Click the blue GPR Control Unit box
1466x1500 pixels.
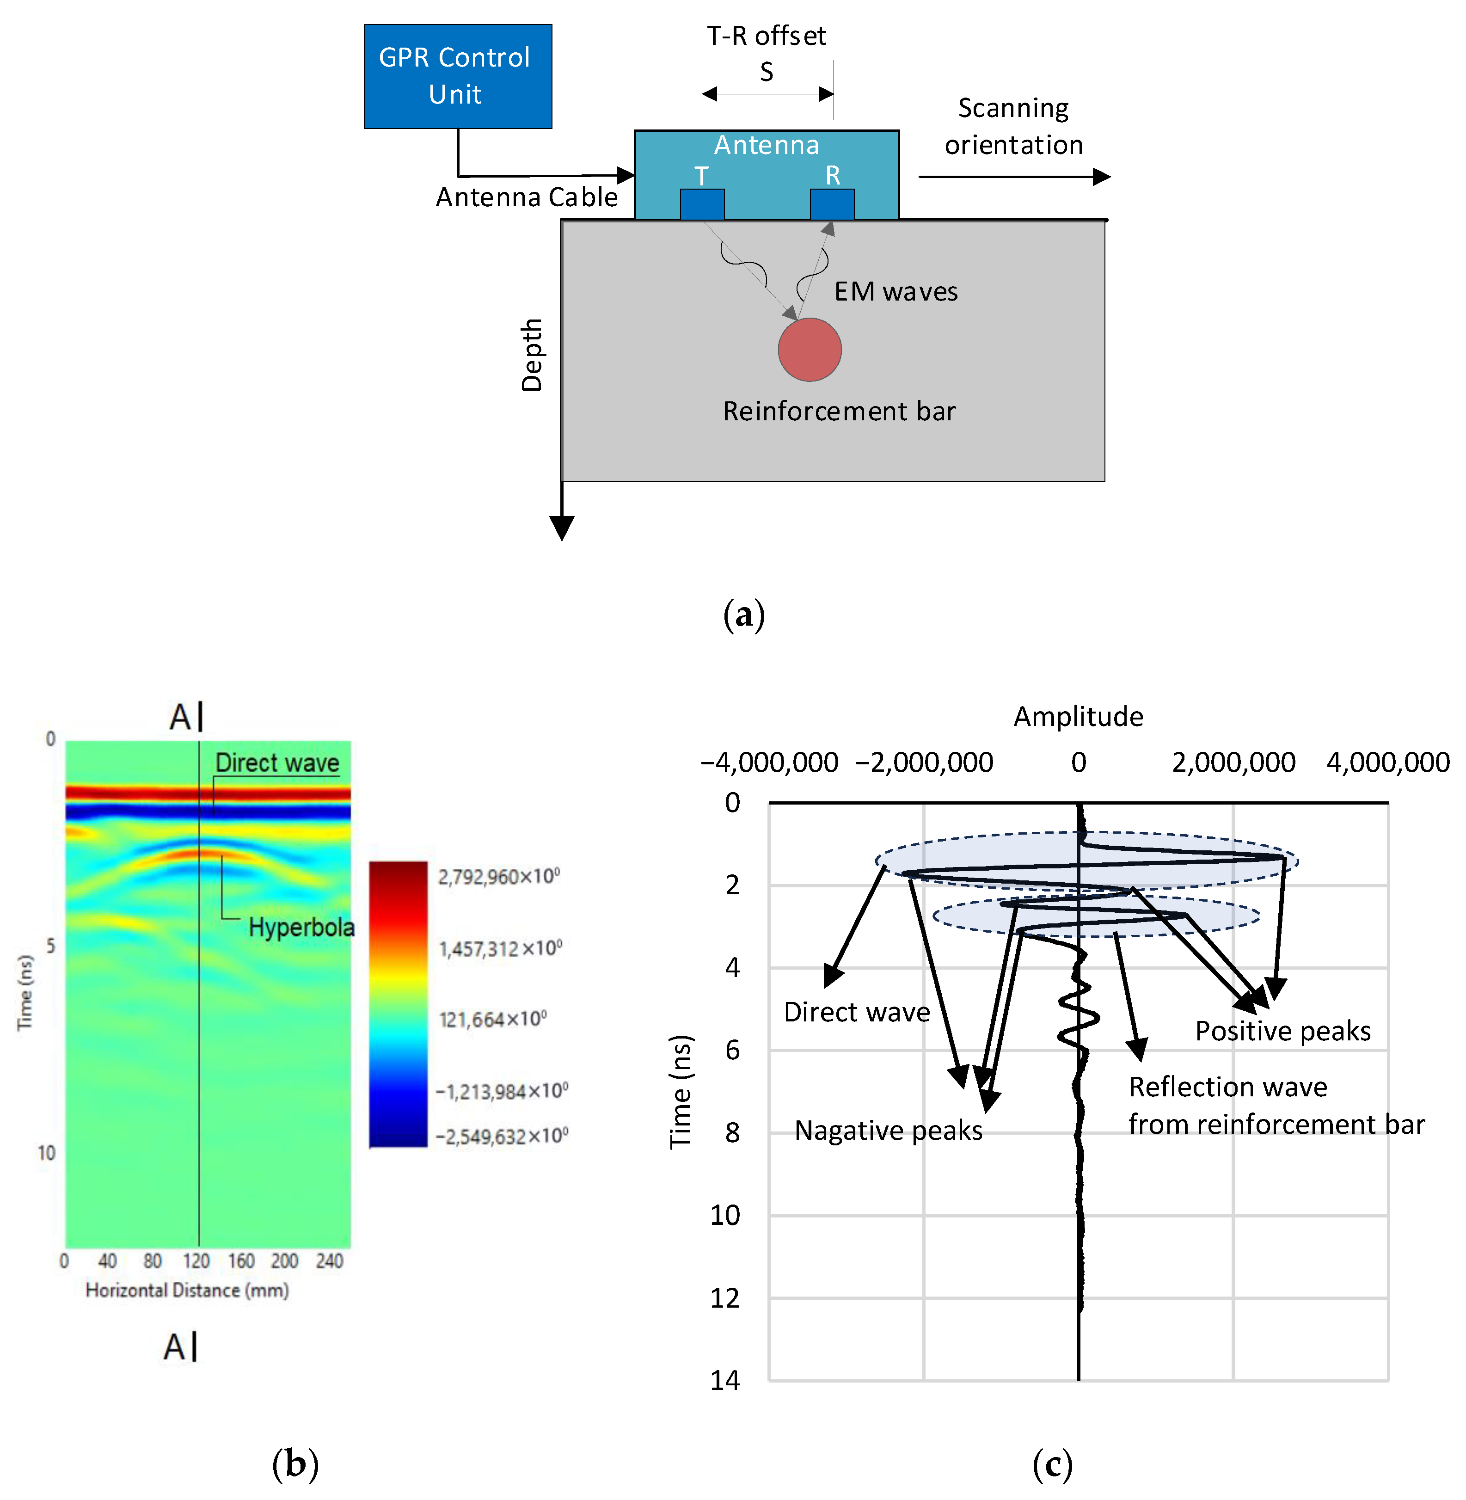click(457, 76)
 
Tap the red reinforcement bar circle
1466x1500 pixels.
click(809, 350)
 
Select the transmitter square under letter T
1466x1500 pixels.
click(701, 204)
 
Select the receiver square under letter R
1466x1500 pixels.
click(832, 204)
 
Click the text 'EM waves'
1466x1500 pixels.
click(896, 292)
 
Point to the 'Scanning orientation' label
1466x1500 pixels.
click(1013, 126)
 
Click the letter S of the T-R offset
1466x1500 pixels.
click(766, 73)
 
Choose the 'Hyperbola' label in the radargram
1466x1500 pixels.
click(301, 927)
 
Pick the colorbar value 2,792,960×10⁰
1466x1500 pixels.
click(499, 876)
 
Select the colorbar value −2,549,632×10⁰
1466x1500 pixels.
click(501, 1136)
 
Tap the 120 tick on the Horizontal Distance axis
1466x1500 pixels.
click(196, 1260)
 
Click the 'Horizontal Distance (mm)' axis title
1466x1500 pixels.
click(187, 1290)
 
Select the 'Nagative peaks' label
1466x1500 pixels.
click(889, 1131)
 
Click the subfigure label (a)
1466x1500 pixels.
click(744, 615)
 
